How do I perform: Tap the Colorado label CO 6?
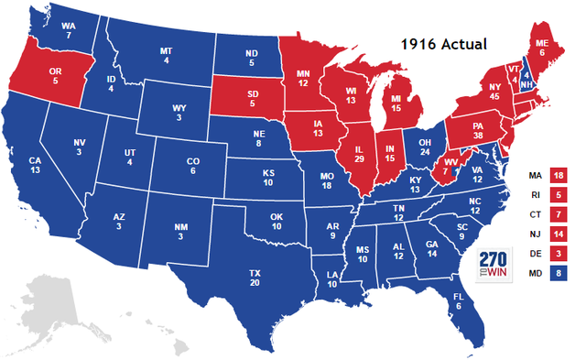pyautogui.click(x=192, y=166)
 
